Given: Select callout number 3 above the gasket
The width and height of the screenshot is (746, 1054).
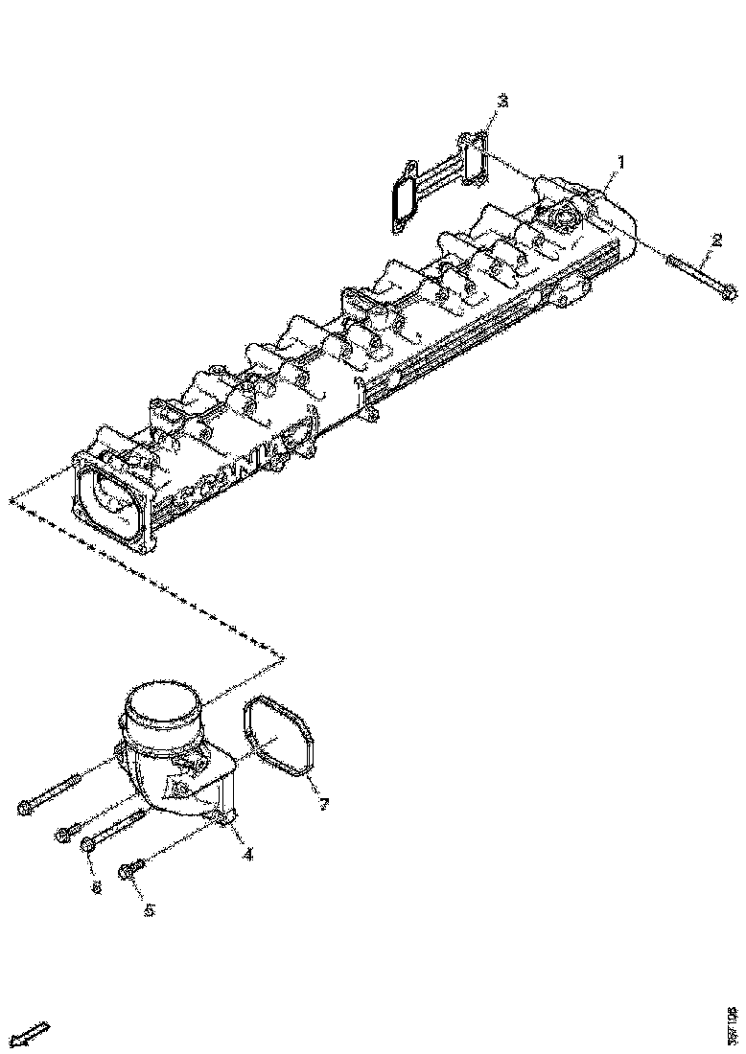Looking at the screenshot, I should [x=501, y=101].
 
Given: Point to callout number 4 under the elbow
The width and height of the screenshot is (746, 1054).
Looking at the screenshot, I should [x=248, y=854].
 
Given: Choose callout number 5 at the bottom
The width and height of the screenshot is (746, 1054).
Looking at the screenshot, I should [x=149, y=909].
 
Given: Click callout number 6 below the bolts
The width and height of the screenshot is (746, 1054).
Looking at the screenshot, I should [x=96, y=888].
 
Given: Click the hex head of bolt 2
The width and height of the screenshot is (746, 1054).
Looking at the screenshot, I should [x=728, y=291].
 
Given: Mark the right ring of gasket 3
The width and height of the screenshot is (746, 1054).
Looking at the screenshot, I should [x=474, y=159].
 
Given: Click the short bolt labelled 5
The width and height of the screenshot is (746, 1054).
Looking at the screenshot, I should [x=130, y=869].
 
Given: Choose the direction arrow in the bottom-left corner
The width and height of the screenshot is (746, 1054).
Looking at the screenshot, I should [x=33, y=1034].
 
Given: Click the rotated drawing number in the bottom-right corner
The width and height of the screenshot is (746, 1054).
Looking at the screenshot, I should [x=733, y=1024].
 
